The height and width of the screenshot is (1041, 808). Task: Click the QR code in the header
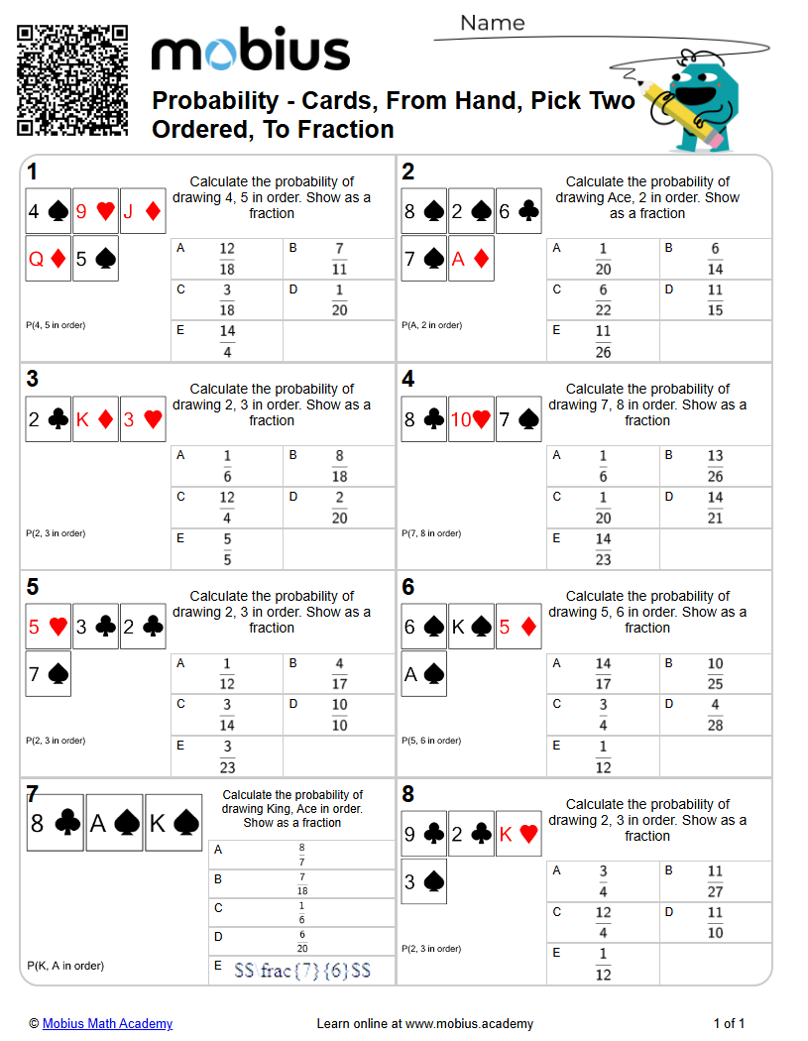[72, 80]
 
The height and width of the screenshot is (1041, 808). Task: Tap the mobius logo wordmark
[250, 53]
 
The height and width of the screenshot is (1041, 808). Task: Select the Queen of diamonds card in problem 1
[49, 259]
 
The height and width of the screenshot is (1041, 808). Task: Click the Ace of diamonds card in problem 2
[471, 259]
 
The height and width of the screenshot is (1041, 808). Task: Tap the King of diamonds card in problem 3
[95, 418]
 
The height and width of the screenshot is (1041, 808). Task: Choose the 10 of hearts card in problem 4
[471, 418]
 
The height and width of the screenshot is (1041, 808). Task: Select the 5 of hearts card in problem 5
[49, 627]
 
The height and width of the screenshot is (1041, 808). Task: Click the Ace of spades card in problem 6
[424, 674]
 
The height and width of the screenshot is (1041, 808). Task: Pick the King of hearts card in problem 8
[519, 834]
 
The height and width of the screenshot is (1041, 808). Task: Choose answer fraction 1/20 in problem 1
[339, 300]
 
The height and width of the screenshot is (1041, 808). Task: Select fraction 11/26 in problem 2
[603, 341]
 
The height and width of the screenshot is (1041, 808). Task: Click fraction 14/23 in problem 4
[603, 549]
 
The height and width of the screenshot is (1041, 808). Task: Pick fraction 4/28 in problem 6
[715, 716]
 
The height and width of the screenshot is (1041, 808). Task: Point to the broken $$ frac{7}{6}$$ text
[302, 971]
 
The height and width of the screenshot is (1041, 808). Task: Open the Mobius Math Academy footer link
[107, 1023]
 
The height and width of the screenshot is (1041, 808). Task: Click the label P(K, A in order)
[65, 966]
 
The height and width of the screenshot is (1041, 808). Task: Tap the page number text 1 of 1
[729, 1023]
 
